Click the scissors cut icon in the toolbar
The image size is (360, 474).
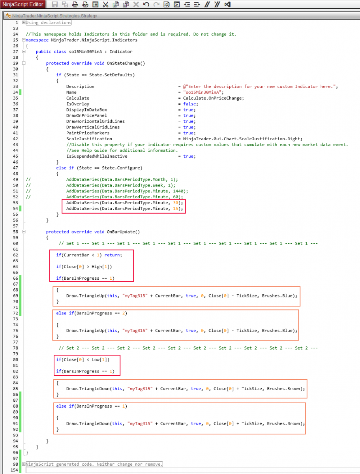(105, 5)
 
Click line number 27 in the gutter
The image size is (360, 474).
(16, 52)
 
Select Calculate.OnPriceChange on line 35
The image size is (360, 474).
(213, 98)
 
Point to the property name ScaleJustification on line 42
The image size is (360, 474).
(89, 139)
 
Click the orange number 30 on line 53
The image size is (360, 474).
(176, 203)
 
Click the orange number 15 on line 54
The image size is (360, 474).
(176, 209)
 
